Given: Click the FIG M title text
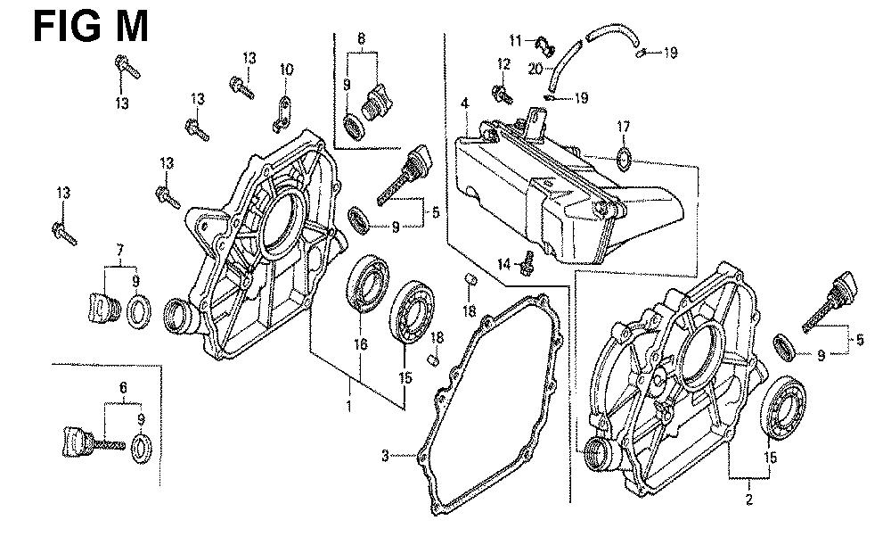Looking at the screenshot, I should point(90,26).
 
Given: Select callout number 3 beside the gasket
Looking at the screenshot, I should point(385,457).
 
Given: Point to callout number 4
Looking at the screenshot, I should point(464,105).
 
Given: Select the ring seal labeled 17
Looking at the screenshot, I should point(624,160).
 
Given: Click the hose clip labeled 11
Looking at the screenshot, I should point(547,42).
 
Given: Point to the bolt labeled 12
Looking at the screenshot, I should point(503,91).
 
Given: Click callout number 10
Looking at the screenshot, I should point(286,70).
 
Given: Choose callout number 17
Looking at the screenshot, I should point(624,126).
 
